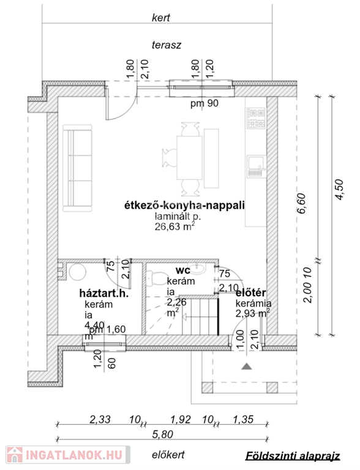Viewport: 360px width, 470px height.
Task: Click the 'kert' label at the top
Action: point(161,18)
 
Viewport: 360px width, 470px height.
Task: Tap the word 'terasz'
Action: point(166,45)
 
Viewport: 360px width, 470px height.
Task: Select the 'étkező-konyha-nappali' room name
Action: point(184,206)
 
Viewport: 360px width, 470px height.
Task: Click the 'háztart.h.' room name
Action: point(104,293)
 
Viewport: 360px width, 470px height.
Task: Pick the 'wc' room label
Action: point(182,270)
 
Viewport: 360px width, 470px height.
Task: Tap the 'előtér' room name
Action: point(251,293)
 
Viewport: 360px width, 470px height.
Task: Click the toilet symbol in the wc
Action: point(154,278)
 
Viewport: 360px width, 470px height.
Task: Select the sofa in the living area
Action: point(77,168)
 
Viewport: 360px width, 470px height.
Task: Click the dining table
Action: point(189,158)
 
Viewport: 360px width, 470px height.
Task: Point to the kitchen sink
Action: point(256,165)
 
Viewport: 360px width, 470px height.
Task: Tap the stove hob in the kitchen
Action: point(256,117)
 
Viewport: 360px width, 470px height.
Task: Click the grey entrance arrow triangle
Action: point(246,366)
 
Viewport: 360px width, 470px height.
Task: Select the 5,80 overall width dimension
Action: point(162,434)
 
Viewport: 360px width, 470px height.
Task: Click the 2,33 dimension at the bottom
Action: point(100,419)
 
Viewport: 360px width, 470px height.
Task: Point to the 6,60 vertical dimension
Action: point(301,204)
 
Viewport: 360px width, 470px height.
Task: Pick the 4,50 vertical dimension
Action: point(339,190)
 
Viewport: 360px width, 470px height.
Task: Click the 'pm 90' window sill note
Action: point(204,103)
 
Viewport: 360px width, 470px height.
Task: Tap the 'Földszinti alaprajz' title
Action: point(293,456)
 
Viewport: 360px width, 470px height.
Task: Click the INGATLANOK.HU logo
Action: point(67,455)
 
